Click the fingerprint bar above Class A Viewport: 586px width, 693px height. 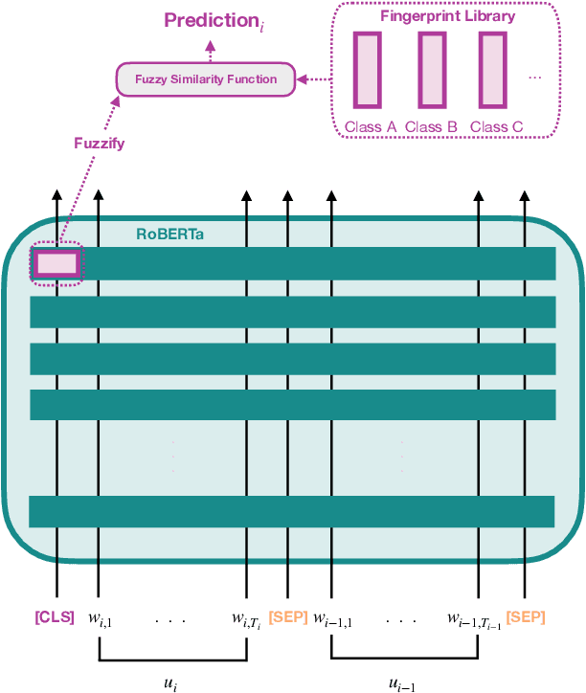pyautogui.click(x=368, y=70)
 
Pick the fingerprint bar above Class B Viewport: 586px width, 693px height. pyautogui.click(x=431, y=70)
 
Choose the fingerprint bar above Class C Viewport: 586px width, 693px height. pyautogui.click(x=493, y=70)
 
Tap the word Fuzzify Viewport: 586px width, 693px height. pyautogui.click(x=100, y=144)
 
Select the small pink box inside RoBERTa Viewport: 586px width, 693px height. pyautogui.click(x=56, y=263)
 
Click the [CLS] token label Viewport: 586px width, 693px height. pyautogui.click(x=55, y=617)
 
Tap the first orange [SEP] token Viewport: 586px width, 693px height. pyautogui.click(x=288, y=617)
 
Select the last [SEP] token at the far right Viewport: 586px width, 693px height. pyautogui.click(x=526, y=617)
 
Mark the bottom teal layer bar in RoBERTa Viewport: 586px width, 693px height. pyautogui.click(x=292, y=511)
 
